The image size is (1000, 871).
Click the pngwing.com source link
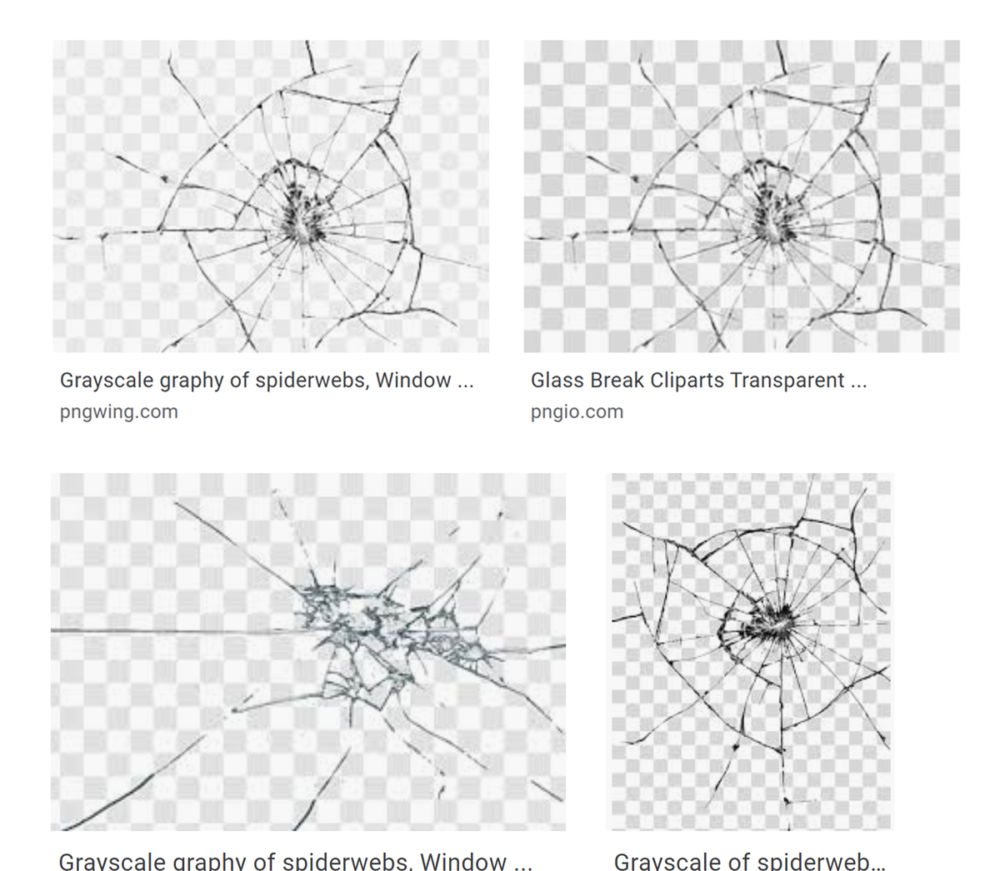point(118,411)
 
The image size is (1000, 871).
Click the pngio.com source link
point(577,411)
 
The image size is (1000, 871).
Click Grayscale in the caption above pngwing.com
point(107,381)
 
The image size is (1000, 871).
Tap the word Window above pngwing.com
point(413,381)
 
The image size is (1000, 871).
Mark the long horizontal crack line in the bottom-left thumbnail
point(167,630)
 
